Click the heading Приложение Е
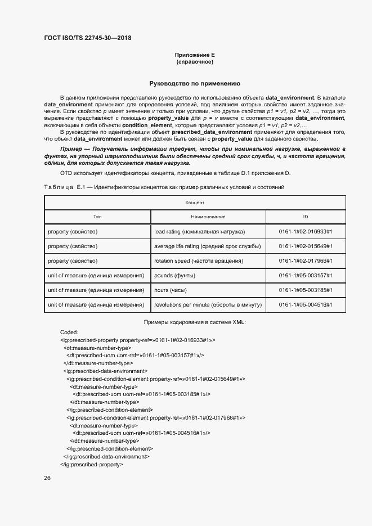tap(195, 55)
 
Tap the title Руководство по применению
tap(195, 83)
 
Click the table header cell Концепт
tap(195, 202)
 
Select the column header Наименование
tap(208, 217)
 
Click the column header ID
tap(306, 217)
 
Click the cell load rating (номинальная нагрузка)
tap(199, 231)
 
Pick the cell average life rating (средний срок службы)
tap(207, 246)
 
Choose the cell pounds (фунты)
tap(176, 275)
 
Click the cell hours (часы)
tap(171, 290)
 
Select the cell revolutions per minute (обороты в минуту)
tap(208, 304)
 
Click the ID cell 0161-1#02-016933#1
tap(306, 231)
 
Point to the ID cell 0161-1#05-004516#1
tap(306, 304)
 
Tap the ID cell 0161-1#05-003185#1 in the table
tap(306, 290)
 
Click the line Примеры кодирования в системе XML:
tap(195, 322)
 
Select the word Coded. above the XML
tap(69, 332)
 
